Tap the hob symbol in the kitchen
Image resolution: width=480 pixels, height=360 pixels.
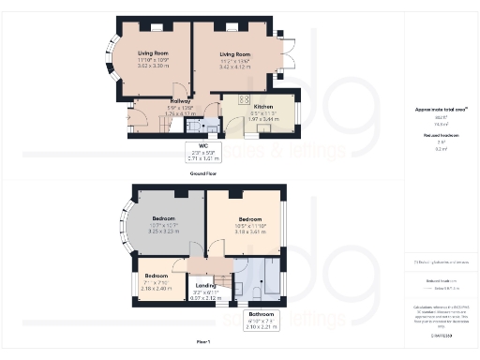tap(244, 98)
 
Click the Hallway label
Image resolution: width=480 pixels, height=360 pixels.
tap(181, 101)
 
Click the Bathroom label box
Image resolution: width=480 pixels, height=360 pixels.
tap(261, 317)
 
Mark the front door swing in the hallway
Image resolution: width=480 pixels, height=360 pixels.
tap(137, 118)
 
